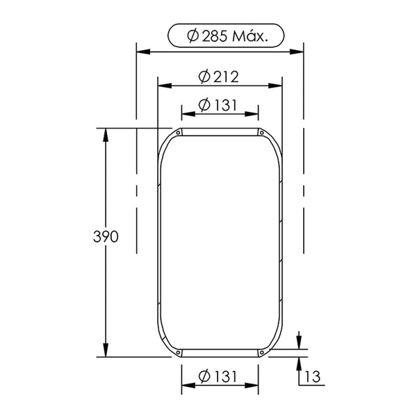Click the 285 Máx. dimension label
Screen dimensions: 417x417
click(227, 35)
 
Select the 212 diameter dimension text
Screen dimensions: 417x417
click(219, 77)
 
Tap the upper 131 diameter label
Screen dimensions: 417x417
click(218, 105)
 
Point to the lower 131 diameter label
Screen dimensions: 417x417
click(218, 376)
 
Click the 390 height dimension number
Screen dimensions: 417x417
click(106, 236)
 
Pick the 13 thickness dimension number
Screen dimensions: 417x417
click(313, 377)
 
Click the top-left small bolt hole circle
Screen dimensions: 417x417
click(178, 133)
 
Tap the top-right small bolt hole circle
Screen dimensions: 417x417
click(262, 133)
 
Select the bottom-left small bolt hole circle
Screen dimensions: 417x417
click(178, 352)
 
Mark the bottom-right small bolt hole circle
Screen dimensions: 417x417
click(262, 352)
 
